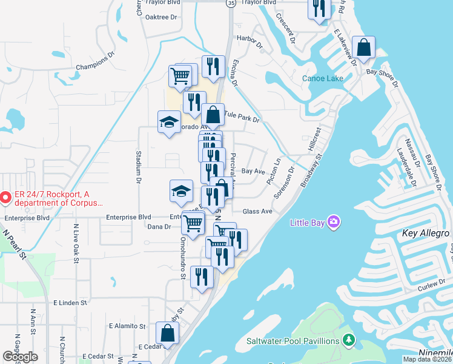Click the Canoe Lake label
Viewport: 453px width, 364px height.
click(323, 78)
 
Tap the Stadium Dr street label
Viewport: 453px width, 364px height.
click(138, 167)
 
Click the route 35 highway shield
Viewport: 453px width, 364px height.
click(231, 4)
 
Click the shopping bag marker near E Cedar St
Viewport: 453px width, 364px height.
click(167, 333)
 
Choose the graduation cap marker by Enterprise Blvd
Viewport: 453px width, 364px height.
click(181, 191)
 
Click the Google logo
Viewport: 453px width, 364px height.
click(20, 357)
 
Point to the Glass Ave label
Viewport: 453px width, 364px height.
click(257, 211)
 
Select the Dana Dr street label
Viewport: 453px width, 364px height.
click(160, 227)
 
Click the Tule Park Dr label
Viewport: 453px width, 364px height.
click(242, 115)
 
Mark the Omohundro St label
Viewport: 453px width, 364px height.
click(182, 258)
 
